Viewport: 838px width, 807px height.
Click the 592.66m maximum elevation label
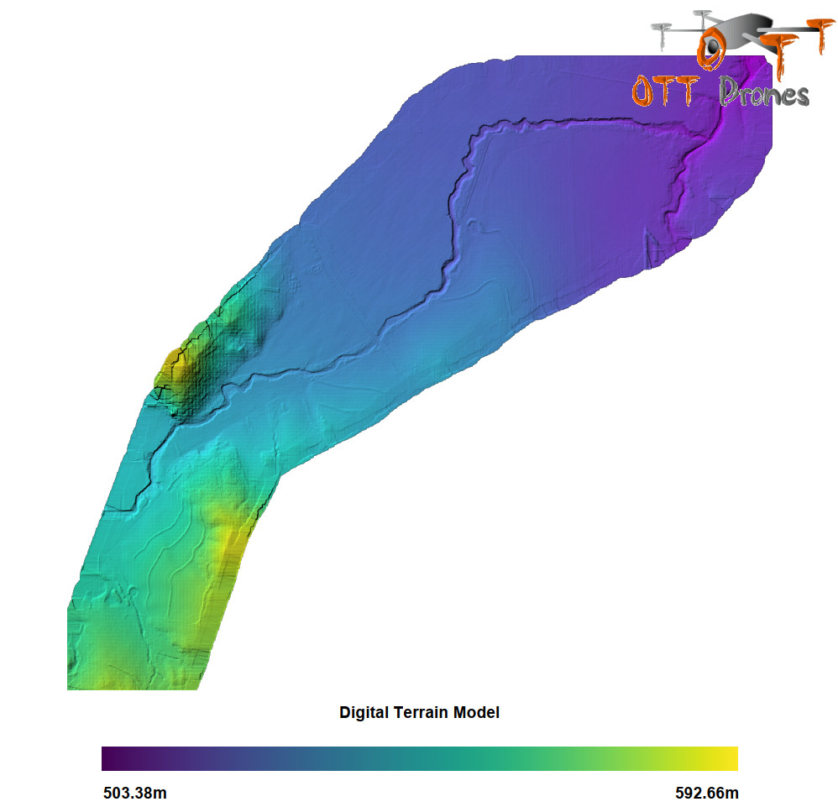[707, 794]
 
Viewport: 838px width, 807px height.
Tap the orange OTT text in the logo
[663, 91]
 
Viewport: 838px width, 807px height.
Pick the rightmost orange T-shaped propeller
[813, 34]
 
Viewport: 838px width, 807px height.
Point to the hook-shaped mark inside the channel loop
[475, 225]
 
